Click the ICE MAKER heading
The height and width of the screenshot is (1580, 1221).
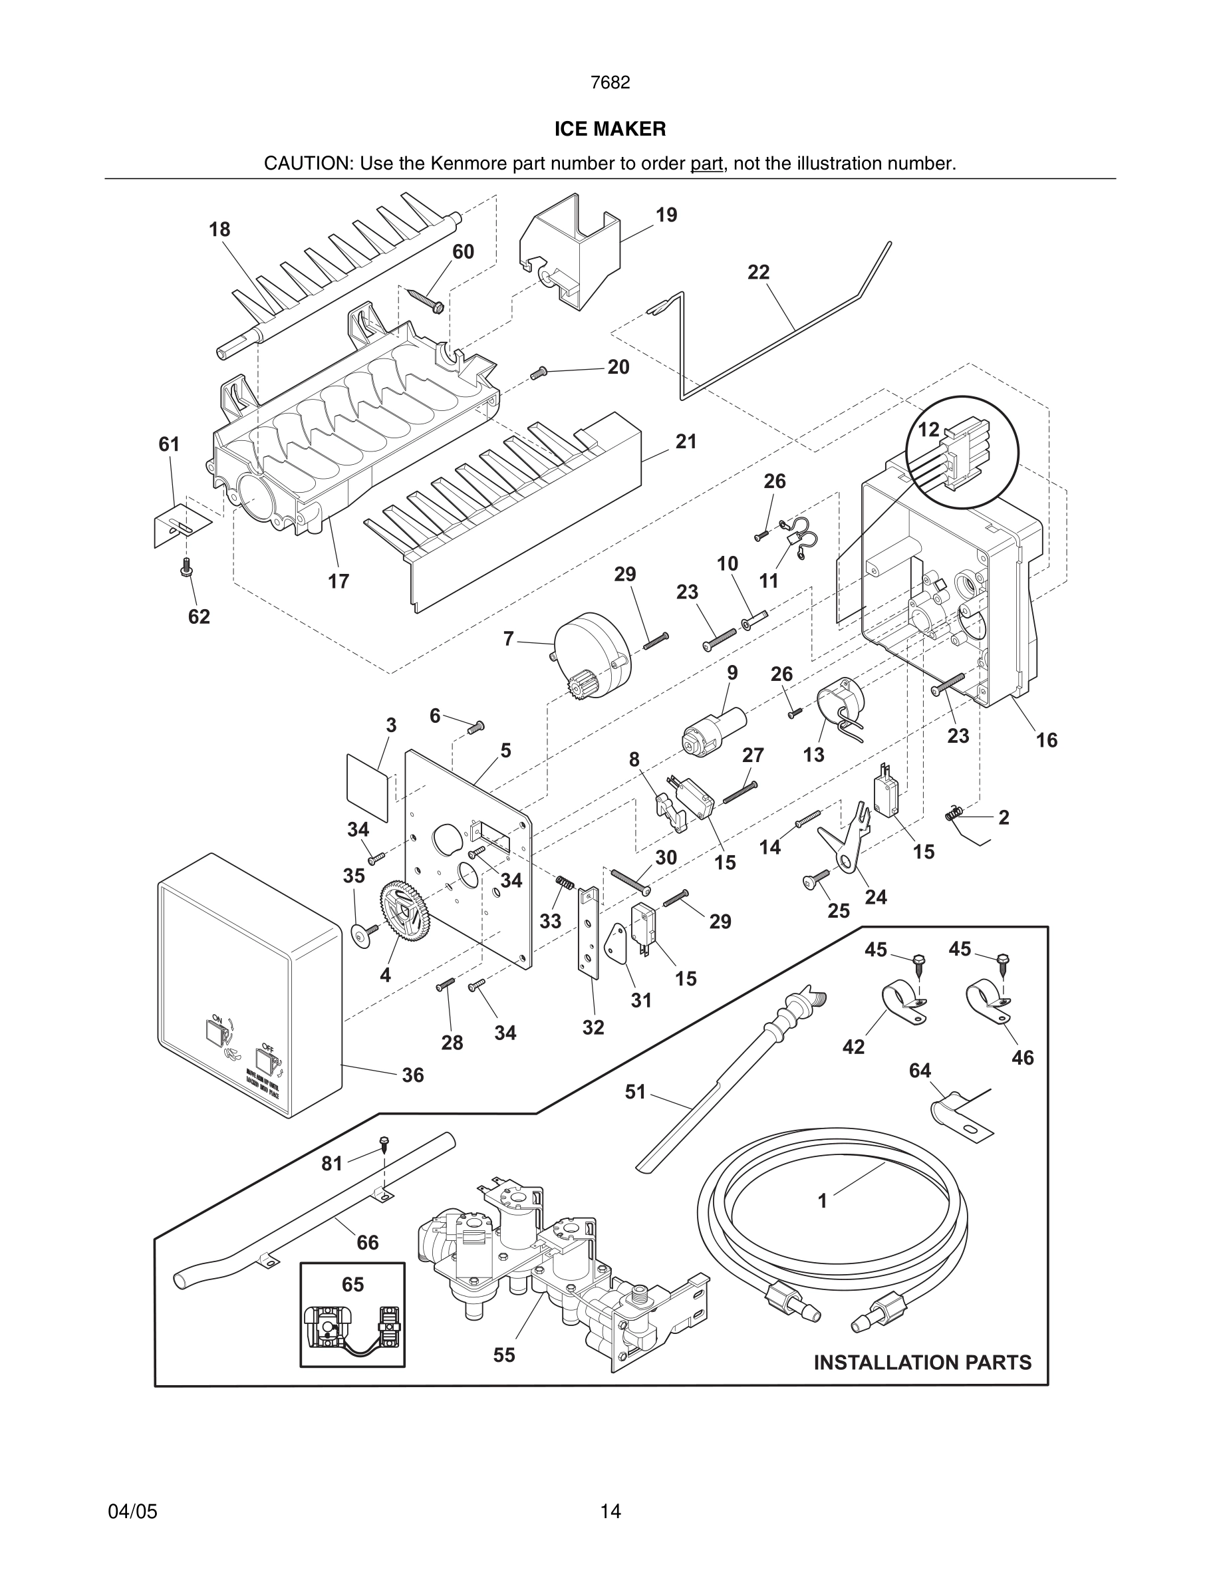tap(610, 129)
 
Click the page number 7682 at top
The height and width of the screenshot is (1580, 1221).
tap(610, 82)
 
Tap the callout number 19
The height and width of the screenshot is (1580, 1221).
tap(666, 215)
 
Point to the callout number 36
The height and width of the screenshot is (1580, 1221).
tap(412, 1075)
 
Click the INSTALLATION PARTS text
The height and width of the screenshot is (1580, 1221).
tap(922, 1363)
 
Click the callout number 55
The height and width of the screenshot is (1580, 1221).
tap(504, 1355)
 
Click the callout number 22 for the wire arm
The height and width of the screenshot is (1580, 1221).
tap(758, 272)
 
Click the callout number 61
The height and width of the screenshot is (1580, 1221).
tap(170, 444)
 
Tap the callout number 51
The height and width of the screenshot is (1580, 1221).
tap(634, 1092)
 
